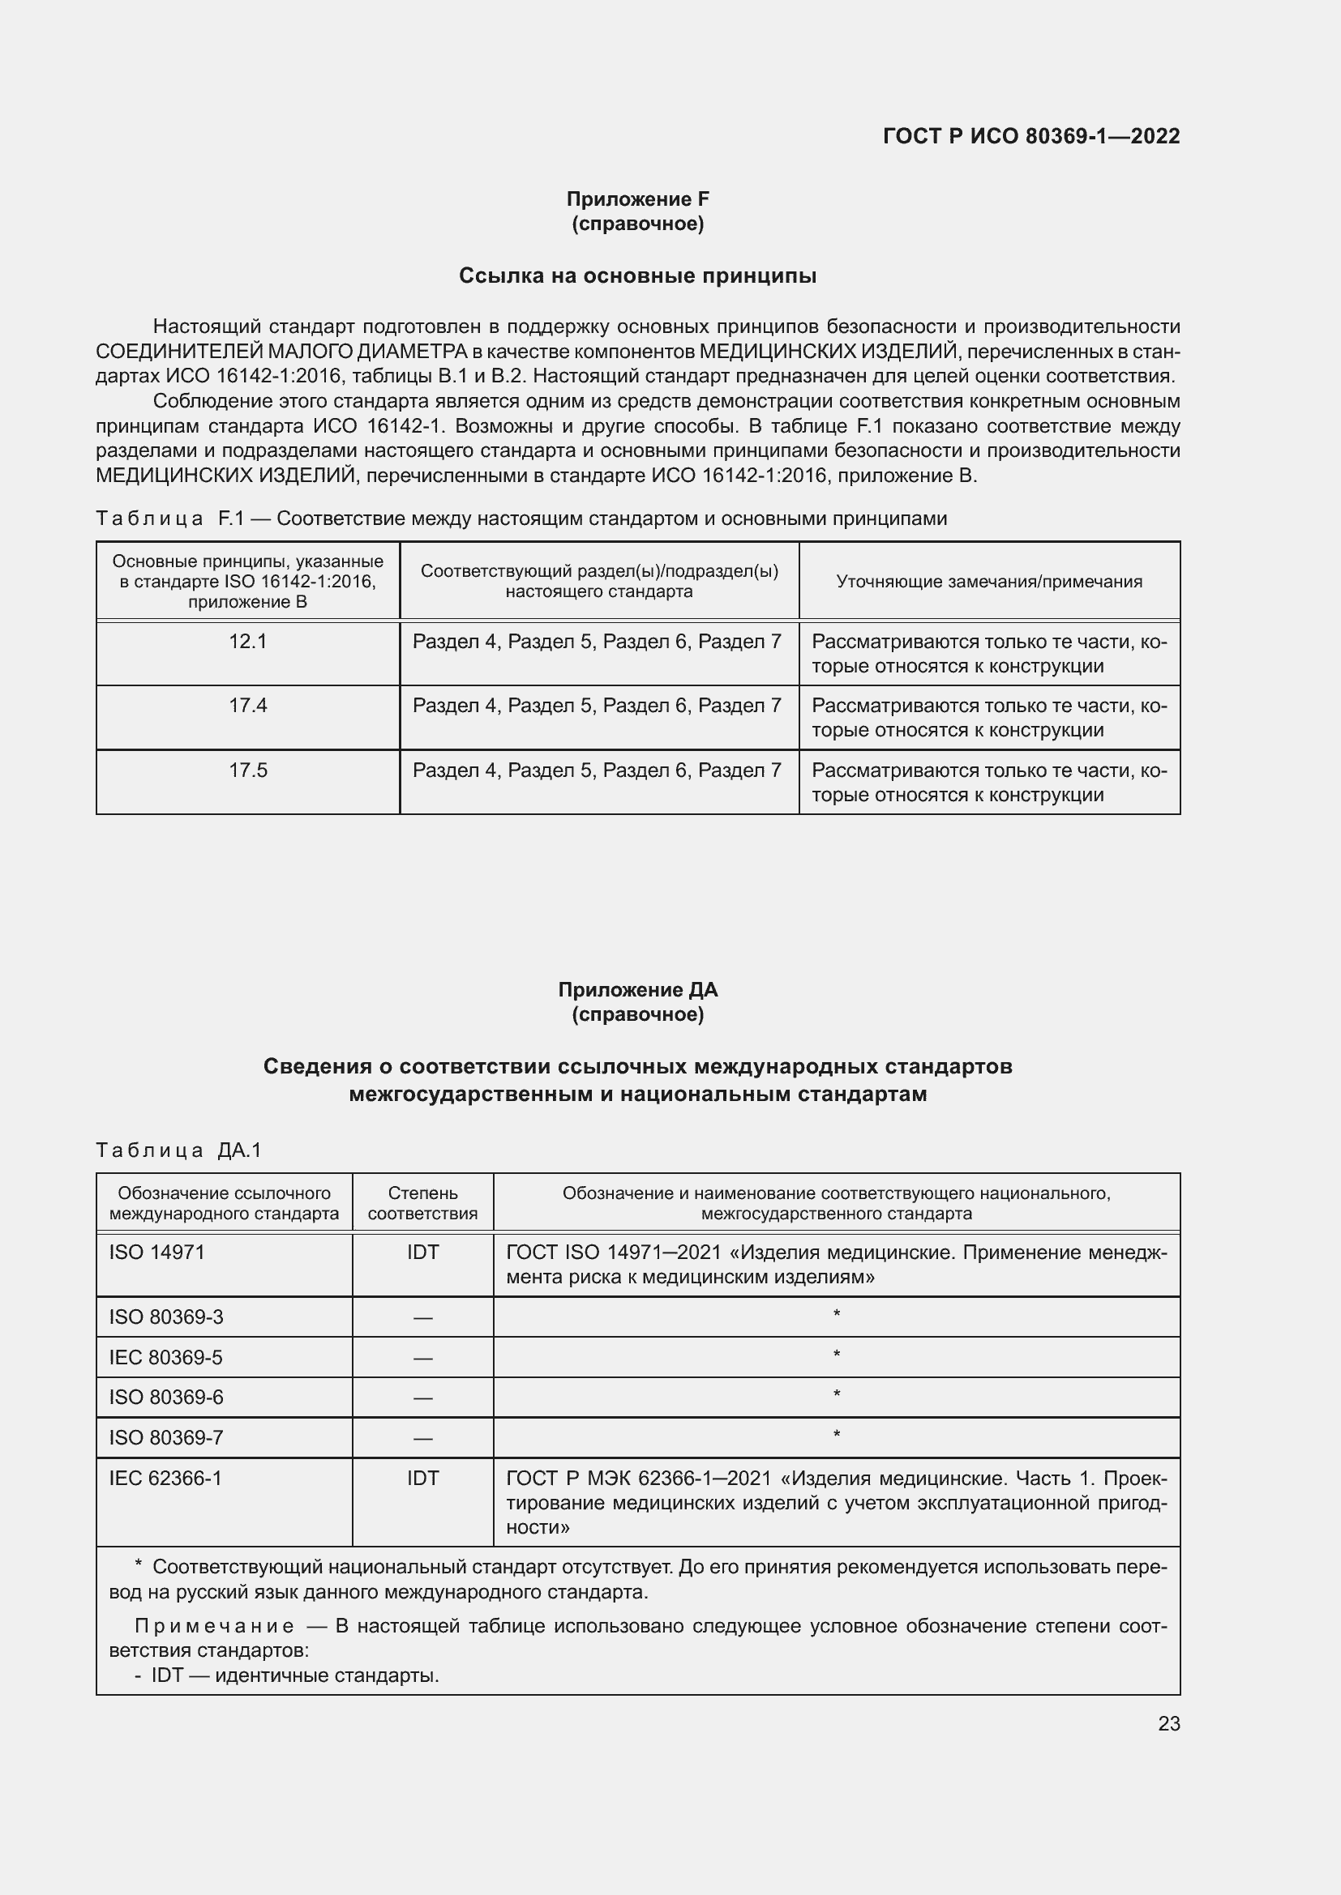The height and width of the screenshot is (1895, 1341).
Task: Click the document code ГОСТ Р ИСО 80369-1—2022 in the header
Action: [x=1030, y=136]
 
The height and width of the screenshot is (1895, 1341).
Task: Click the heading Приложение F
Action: [x=637, y=199]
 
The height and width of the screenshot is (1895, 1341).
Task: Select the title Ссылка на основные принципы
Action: [x=637, y=275]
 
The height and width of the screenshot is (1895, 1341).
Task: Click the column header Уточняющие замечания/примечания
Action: [x=989, y=581]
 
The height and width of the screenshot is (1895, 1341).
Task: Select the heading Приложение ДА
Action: [x=637, y=989]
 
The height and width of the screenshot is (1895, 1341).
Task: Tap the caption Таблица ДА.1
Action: [x=178, y=1150]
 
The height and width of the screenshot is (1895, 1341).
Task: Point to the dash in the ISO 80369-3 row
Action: [x=422, y=1317]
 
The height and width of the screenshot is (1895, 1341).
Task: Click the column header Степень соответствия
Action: [x=422, y=1203]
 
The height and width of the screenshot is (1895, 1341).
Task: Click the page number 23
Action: [x=1168, y=1723]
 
